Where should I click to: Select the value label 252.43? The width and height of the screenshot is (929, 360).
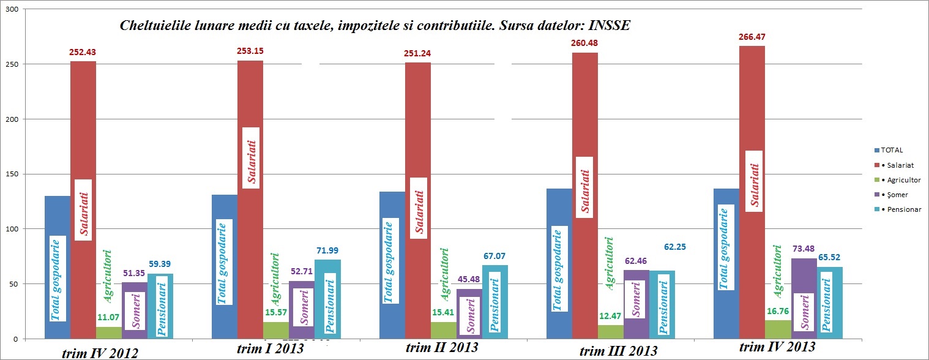click(x=83, y=52)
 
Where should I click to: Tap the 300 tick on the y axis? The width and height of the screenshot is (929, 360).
click(x=12, y=10)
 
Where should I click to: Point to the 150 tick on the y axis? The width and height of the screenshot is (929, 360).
click(x=12, y=174)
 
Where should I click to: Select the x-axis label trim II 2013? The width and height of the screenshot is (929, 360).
click(x=442, y=348)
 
